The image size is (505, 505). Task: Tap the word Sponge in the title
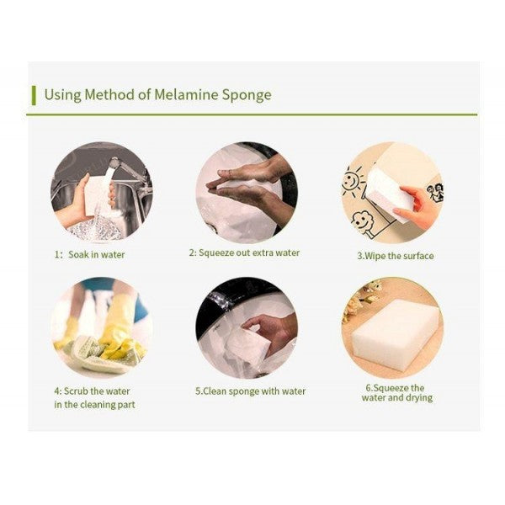coord(247,96)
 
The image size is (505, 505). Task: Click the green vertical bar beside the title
coord(34,96)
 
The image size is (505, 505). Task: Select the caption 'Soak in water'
coord(96,255)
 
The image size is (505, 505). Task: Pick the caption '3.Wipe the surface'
coord(396,256)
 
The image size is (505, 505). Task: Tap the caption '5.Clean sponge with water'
coord(250,391)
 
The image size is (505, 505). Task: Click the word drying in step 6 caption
coord(419,398)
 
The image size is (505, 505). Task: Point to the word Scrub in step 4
coord(76,391)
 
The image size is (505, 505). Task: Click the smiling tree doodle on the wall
coord(362,221)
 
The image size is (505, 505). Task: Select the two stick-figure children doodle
coord(435,192)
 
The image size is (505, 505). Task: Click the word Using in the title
coord(62,95)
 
